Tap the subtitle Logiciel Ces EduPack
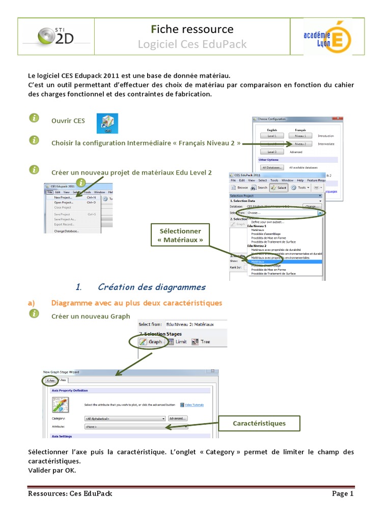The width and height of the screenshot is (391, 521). click(x=192, y=45)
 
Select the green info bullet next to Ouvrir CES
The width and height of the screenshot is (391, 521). click(x=34, y=118)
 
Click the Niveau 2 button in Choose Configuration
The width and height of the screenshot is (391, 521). click(x=300, y=144)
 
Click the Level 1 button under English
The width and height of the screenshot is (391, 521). click(x=272, y=136)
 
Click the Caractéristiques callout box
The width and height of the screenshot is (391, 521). click(x=259, y=423)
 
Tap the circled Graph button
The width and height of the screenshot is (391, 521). click(x=151, y=342)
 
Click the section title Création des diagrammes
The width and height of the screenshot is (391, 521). click(x=151, y=287)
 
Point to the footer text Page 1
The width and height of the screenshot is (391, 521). click(x=343, y=494)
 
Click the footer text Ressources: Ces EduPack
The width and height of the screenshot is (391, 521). click(x=70, y=494)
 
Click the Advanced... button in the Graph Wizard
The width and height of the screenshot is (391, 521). click(x=178, y=418)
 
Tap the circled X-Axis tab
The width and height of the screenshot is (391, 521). click(x=50, y=380)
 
